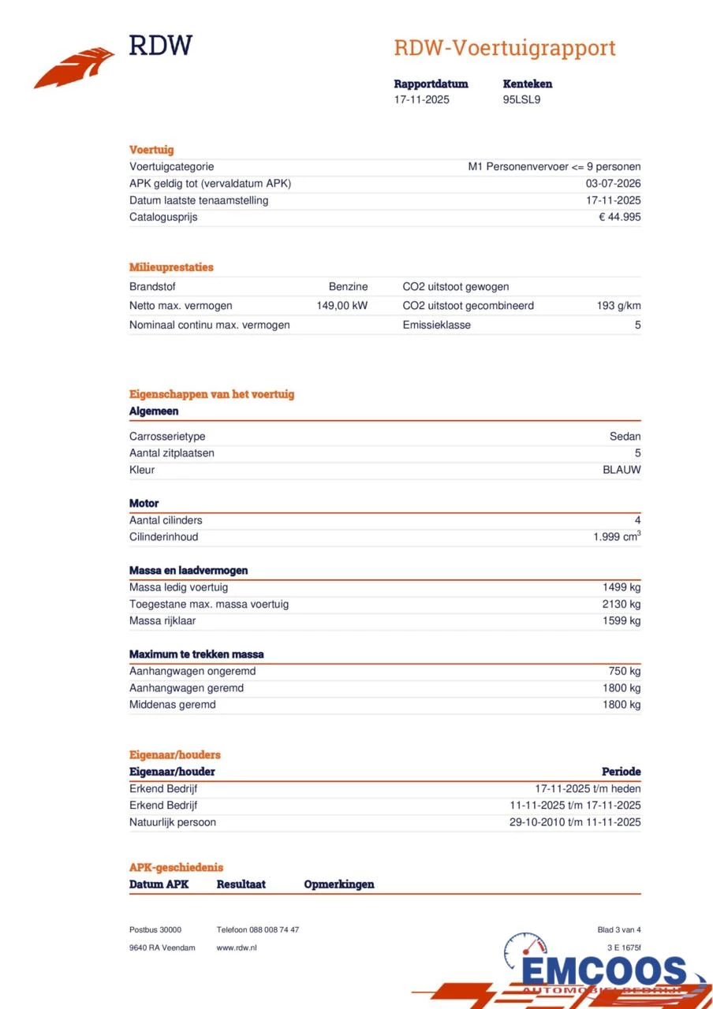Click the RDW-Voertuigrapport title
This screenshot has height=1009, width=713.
tap(505, 48)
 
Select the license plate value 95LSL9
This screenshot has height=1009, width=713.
tap(521, 99)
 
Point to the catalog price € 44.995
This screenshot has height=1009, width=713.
tap(619, 217)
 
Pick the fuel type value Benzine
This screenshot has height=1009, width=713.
tap(348, 286)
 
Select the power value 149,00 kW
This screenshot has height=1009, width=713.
tap(342, 305)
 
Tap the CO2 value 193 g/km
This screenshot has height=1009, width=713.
tap(618, 305)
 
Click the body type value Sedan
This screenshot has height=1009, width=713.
tap(625, 436)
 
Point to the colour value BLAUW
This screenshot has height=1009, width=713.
tap(622, 470)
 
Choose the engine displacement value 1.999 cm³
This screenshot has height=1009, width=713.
tap(617, 537)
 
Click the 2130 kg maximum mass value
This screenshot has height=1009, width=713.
tap(621, 604)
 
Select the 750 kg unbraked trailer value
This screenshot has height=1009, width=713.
tap(624, 671)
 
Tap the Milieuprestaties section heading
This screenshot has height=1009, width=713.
tap(171, 267)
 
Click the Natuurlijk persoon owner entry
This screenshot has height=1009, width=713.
tap(173, 822)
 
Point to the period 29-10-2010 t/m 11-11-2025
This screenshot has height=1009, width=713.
tap(575, 822)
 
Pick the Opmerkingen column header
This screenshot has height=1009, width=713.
tap(339, 884)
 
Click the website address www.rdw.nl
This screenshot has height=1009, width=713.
tap(237, 948)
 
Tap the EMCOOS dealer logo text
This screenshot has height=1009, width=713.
tap(603, 972)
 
